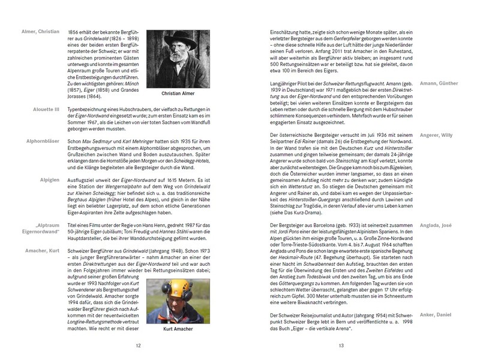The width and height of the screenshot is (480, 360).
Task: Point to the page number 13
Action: coord(341,345)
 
